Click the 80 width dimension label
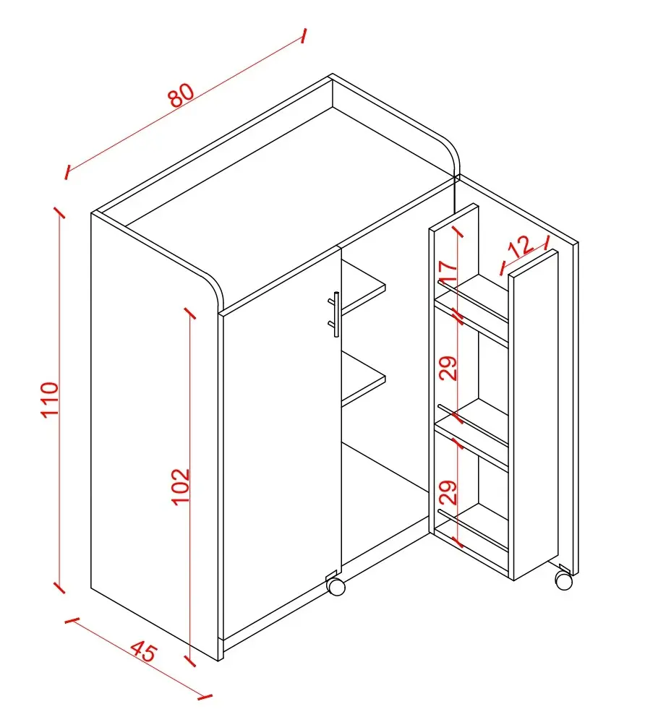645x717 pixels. point(181,95)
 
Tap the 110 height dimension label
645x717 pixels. point(50,399)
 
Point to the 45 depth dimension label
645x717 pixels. point(144,651)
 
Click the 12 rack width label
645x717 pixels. point(521,247)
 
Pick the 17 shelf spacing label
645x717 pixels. point(448,271)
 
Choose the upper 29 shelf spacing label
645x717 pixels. point(448,368)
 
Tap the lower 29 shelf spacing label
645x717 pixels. point(448,492)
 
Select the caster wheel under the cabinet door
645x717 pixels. point(336,587)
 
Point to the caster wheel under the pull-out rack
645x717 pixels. point(563,580)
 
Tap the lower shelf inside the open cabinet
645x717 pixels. point(364,379)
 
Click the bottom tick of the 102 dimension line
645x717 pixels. point(190,661)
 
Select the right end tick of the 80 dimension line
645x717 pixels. point(303,35)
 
